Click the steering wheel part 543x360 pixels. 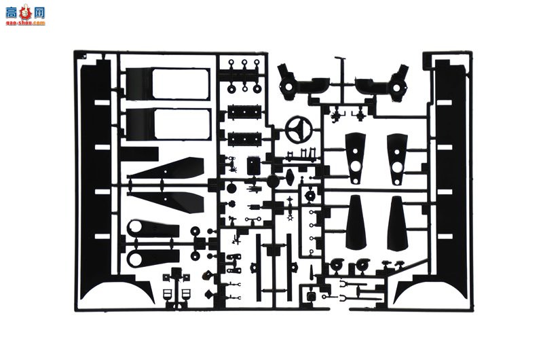(298, 127)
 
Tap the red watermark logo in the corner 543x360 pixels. (24, 15)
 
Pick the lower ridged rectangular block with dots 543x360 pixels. (242, 138)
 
